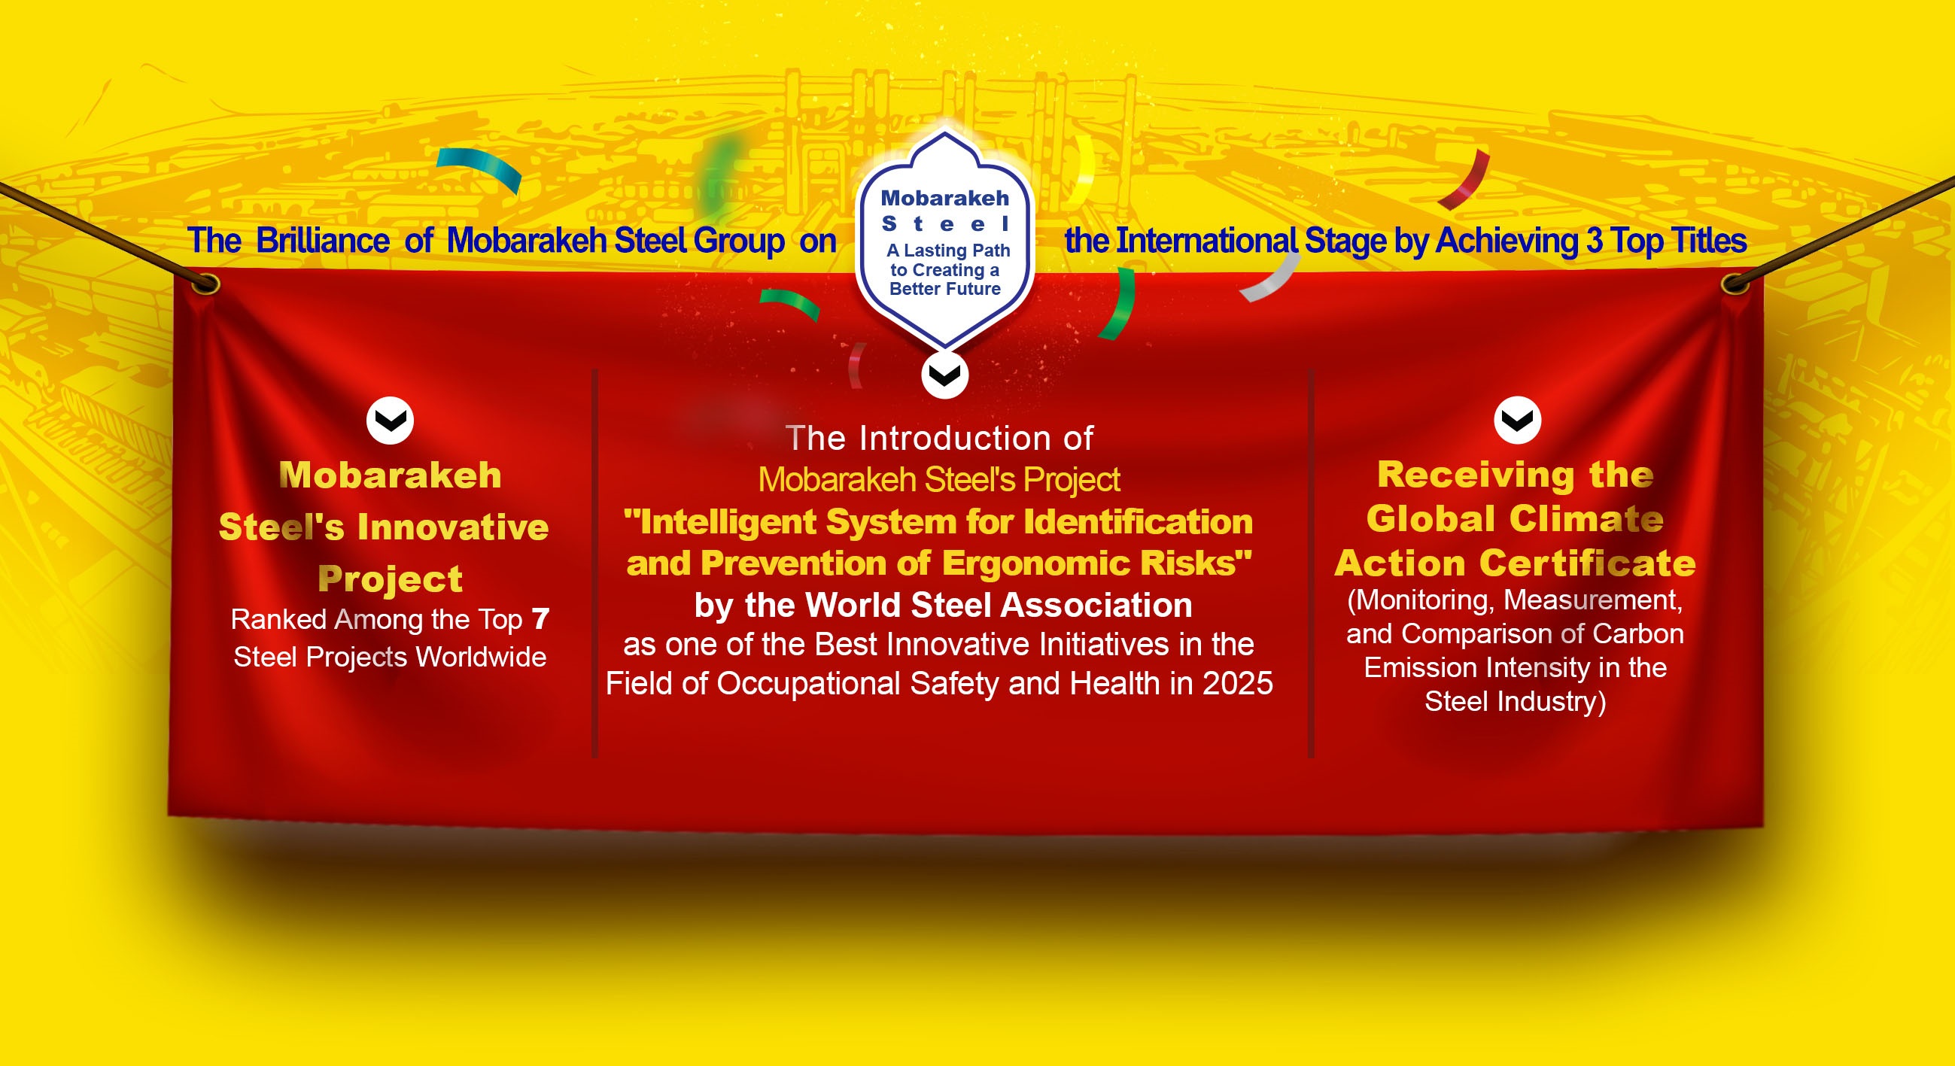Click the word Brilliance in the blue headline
pyautogui.click(x=323, y=241)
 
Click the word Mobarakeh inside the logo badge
pyautogui.click(x=945, y=199)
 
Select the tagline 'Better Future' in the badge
pyautogui.click(x=945, y=289)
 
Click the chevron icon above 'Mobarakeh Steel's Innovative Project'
pyautogui.click(x=390, y=420)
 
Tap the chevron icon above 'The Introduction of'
pyautogui.click(x=945, y=375)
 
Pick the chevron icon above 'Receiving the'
pyautogui.click(x=1517, y=420)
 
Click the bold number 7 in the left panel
pyautogui.click(x=540, y=620)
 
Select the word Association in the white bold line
pyautogui.click(x=1096, y=606)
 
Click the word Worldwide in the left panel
pyautogui.click(x=481, y=657)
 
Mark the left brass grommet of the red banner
pyautogui.click(x=205, y=284)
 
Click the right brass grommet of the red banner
pyautogui.click(x=1735, y=284)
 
